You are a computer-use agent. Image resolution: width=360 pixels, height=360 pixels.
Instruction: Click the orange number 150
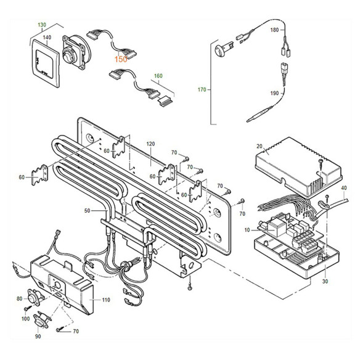[x=121, y=59]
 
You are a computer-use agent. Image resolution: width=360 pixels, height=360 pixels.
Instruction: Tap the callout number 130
[x=43, y=25]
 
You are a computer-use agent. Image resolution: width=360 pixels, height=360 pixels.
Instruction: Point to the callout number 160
[x=158, y=78]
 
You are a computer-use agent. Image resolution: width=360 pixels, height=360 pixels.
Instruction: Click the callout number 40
[x=344, y=187]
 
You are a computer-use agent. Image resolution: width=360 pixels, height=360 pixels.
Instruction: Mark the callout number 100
[x=25, y=318]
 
